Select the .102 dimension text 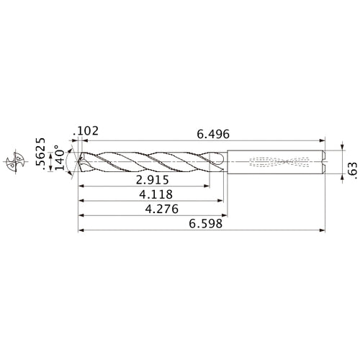86,132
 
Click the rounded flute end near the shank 217,160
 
